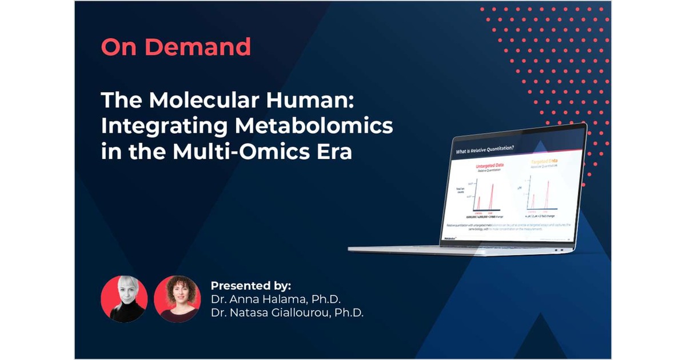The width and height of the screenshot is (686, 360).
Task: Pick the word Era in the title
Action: click(332, 153)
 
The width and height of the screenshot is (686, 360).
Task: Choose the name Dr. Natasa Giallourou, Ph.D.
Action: click(287, 313)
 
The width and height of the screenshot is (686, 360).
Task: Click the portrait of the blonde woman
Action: click(124, 299)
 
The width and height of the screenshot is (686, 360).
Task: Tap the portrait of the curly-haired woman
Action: click(177, 299)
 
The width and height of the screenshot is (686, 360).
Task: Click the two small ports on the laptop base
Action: click(560, 249)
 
